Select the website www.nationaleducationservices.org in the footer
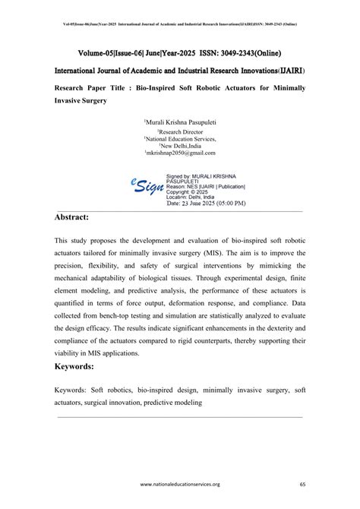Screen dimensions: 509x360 (179, 484)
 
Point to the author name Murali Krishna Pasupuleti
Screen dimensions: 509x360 (180, 122)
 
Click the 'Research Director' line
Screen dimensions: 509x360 (179, 132)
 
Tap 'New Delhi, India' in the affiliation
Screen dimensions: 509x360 (179, 146)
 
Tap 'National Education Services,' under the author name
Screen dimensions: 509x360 (180, 139)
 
